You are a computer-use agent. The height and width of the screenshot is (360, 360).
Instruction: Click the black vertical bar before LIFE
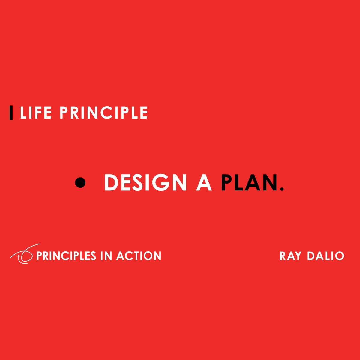click(x=11, y=112)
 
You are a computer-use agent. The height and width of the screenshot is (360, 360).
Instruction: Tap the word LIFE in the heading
click(x=36, y=113)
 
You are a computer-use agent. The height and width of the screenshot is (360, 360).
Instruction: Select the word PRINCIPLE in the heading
click(x=103, y=113)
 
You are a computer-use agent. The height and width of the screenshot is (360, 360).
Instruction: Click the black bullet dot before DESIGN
click(x=80, y=182)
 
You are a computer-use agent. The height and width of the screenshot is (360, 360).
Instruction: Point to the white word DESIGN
click(x=145, y=183)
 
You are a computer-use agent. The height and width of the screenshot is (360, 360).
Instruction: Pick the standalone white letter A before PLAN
click(x=204, y=183)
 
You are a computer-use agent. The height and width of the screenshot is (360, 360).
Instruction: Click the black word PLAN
click(x=249, y=183)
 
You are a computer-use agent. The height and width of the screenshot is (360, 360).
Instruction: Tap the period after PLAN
click(x=281, y=189)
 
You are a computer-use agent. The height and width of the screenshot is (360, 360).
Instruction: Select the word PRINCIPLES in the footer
click(x=66, y=256)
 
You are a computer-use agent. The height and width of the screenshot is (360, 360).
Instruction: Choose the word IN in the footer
click(x=106, y=256)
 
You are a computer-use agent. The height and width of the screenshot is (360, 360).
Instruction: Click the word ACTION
click(x=139, y=256)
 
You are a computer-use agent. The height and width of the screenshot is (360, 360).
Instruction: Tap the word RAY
click(x=290, y=256)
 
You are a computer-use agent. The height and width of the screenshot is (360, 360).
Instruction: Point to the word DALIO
click(x=326, y=256)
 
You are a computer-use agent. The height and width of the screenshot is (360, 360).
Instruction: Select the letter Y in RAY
click(x=298, y=256)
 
